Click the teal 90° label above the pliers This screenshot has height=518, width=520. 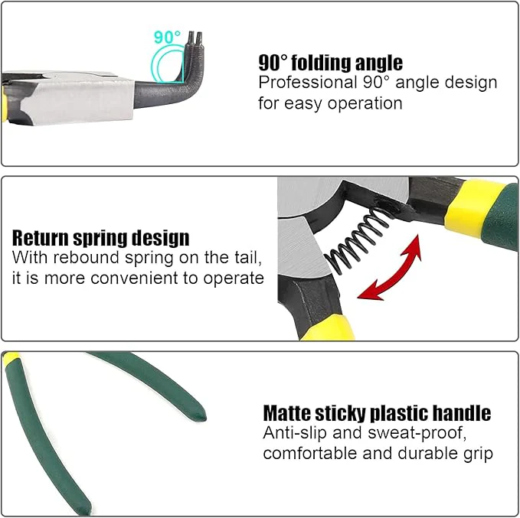[x=167, y=37]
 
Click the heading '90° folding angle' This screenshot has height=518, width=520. [x=330, y=63]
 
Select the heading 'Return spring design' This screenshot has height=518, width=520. [x=101, y=238]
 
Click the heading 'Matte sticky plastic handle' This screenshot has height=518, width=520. [x=377, y=414]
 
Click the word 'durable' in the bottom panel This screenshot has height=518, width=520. [x=424, y=453]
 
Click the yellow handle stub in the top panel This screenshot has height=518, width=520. [x=9, y=99]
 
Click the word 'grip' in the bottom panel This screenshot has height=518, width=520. [x=476, y=453]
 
